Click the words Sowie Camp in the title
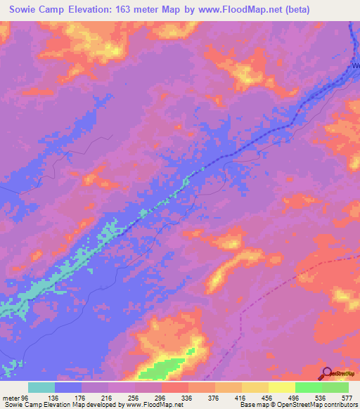38,11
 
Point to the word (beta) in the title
296,11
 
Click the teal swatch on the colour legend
42,387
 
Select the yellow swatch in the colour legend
281,387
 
